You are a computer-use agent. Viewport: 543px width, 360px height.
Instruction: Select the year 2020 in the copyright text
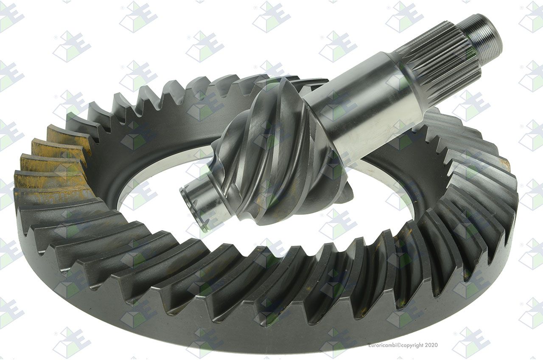(x=431, y=345)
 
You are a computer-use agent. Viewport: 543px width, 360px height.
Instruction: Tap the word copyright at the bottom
(x=413, y=345)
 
